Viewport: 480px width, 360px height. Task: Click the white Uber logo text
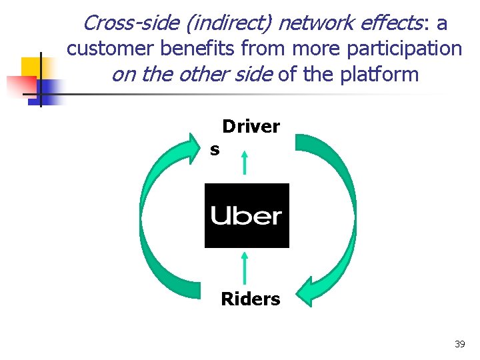point(246,216)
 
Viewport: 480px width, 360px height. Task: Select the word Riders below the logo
point(251,299)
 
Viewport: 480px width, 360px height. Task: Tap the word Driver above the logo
point(251,127)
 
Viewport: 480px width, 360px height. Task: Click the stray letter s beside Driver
point(215,150)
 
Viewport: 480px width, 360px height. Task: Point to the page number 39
point(459,344)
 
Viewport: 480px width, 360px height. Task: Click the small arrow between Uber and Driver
point(245,163)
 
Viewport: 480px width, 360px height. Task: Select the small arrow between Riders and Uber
point(245,267)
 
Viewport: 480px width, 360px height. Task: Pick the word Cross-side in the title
point(131,23)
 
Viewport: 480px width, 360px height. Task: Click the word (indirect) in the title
point(228,23)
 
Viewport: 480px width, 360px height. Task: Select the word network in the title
point(313,23)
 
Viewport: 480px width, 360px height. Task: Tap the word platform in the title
point(381,73)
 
